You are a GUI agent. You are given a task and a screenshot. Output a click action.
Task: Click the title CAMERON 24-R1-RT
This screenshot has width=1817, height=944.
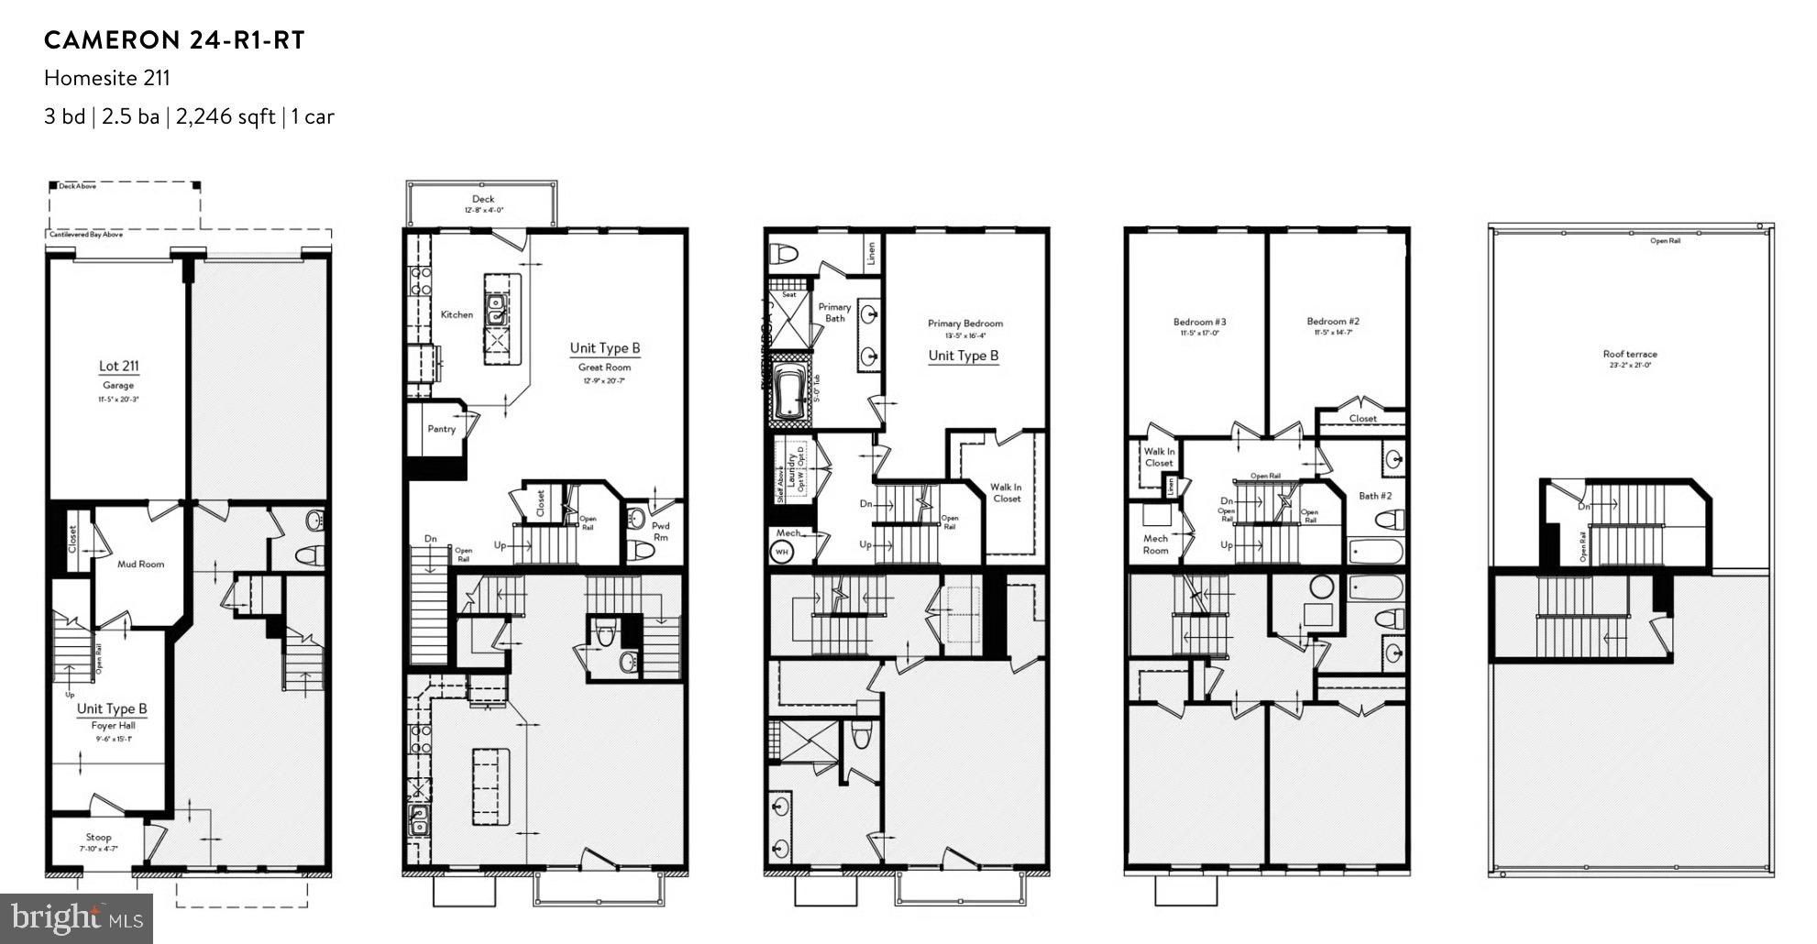[174, 40]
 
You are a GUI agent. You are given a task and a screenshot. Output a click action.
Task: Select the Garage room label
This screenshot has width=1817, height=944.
[118, 386]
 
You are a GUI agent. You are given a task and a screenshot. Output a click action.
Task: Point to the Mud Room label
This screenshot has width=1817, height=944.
[140, 564]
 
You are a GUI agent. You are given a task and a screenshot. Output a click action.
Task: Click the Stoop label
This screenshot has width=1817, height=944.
[98, 837]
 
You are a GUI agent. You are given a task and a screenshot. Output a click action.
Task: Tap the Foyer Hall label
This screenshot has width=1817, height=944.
[113, 725]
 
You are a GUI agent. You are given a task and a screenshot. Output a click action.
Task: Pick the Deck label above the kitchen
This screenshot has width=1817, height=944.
[483, 199]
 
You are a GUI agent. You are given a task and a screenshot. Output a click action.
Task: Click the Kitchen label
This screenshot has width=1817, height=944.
[457, 314]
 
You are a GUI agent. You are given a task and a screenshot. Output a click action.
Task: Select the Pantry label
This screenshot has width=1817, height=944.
[441, 429]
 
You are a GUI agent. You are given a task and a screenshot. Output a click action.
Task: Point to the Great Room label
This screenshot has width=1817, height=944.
[604, 368]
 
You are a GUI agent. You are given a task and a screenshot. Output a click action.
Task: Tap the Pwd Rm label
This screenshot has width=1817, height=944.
[660, 532]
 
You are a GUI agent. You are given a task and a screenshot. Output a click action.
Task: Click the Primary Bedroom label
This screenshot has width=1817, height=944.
[964, 324]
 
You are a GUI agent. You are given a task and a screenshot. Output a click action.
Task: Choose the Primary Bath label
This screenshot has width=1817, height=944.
[834, 313]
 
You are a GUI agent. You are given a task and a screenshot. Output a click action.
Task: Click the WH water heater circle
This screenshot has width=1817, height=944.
[782, 552]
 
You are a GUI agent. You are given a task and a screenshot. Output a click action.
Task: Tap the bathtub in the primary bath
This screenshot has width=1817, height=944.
[787, 393]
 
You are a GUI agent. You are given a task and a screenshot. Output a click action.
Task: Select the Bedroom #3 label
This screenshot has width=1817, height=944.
[1199, 322]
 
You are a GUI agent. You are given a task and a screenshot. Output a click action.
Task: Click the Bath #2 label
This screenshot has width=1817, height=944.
[1375, 496]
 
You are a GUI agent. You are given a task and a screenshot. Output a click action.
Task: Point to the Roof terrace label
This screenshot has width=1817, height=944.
[1629, 354]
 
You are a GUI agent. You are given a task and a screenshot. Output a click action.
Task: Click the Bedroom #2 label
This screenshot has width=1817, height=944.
[1332, 322]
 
